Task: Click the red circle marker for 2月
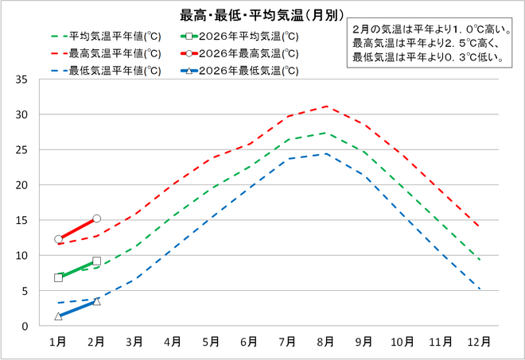point(96,219)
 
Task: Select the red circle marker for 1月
point(58,239)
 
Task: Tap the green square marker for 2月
point(96,261)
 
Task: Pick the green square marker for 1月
point(58,277)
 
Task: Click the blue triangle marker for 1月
point(58,316)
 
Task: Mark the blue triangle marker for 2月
point(96,301)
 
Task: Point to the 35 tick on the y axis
point(21,79)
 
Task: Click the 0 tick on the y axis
point(25,326)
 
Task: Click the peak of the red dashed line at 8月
point(325,106)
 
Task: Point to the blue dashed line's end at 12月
point(479,288)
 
